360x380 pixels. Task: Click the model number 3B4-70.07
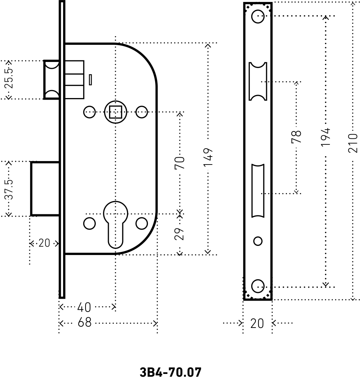[170, 372]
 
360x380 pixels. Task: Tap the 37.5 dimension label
[10, 189]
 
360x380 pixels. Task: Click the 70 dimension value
[180, 162]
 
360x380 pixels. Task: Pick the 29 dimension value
[180, 233]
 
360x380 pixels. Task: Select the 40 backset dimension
[84, 307]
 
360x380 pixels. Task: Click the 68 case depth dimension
[84, 323]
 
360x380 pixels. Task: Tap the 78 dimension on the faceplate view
[297, 136]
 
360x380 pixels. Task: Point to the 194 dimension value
[325, 138]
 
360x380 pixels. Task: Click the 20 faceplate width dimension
[257, 323]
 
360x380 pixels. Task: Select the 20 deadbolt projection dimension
[44, 243]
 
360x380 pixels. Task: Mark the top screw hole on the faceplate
[258, 16]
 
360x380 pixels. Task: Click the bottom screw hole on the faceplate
[258, 286]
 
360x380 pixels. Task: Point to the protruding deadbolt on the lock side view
[45, 189]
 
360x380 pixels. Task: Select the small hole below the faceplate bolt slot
[258, 241]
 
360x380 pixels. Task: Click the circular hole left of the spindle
[89, 112]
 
